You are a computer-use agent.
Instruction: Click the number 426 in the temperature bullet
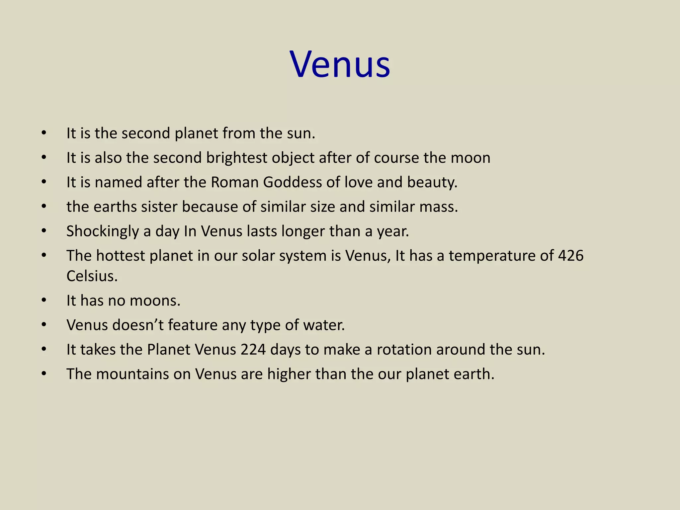(571, 256)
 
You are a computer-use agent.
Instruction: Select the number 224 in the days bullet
(253, 350)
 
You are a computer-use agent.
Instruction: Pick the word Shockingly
(103, 231)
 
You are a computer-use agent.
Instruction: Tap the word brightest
(236, 158)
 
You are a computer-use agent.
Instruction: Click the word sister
(159, 207)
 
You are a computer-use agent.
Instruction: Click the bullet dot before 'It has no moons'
(44, 300)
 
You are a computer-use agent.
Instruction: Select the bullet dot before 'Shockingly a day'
(44, 231)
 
